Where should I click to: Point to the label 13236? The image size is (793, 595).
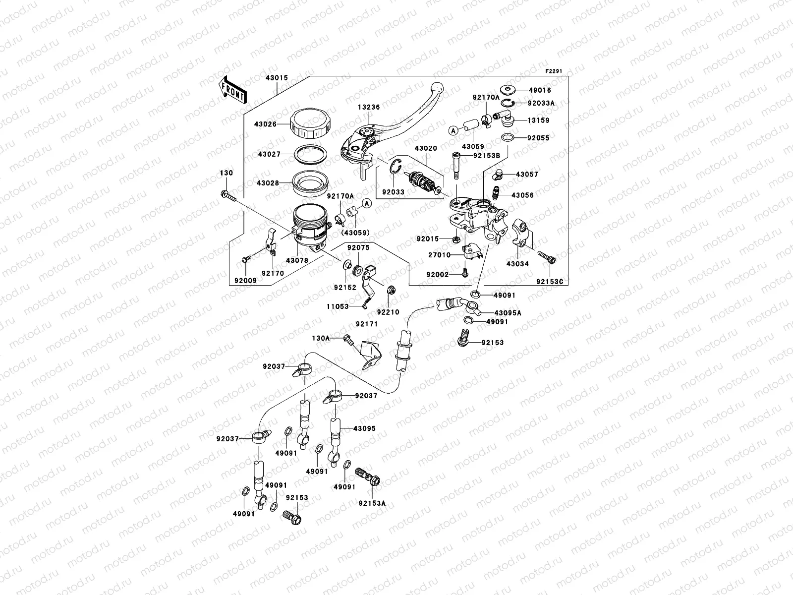369,107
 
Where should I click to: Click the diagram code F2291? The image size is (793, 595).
555,71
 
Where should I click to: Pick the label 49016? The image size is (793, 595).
540,90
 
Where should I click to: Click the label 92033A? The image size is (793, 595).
541,104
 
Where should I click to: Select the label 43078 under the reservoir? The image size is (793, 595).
297,260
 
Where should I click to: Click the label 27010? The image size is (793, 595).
439,255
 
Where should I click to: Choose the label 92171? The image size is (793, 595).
366,324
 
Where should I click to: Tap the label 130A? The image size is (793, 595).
321,338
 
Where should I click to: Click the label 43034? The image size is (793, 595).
517,264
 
